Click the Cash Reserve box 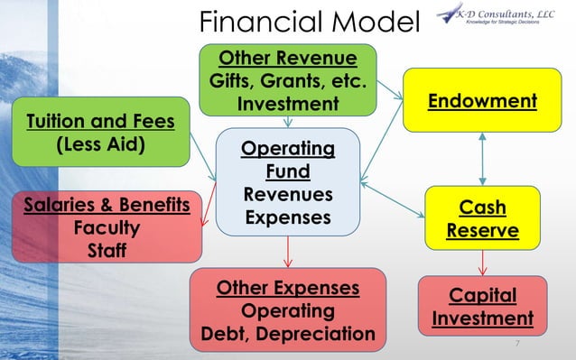482,219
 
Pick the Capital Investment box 482,308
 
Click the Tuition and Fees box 100,133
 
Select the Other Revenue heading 287,60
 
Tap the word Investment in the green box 287,105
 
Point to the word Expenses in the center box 287,218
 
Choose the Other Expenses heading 287,289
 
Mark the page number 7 517,345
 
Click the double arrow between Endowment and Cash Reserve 484,158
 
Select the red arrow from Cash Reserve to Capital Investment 484,263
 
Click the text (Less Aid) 100,145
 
